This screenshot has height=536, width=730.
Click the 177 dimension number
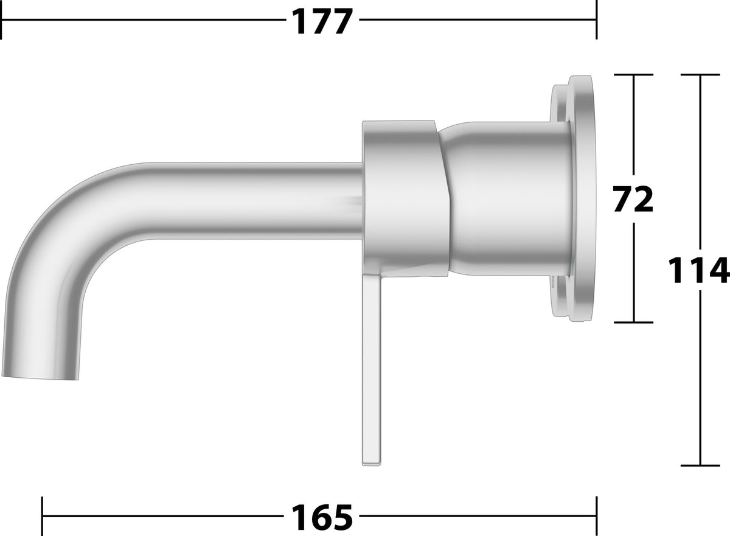[x=322, y=22]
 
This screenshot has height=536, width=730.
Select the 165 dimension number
[x=322, y=518]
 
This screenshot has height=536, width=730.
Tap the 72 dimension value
[x=633, y=199]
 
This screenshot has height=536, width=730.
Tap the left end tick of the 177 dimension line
[x=2, y=20]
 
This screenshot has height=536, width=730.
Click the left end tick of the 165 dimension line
[x=43, y=516]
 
